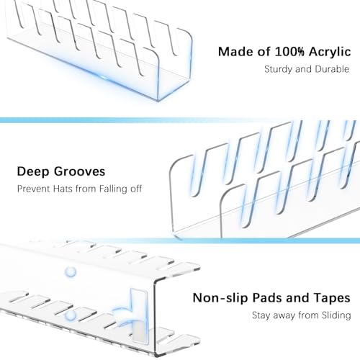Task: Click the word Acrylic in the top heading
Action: [x=330, y=53]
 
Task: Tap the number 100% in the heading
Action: [x=289, y=52]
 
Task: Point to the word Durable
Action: [x=332, y=69]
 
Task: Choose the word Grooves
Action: [x=79, y=171]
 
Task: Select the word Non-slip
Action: [x=220, y=298]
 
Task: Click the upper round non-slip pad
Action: [x=71, y=272]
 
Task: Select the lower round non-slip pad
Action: [x=71, y=315]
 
